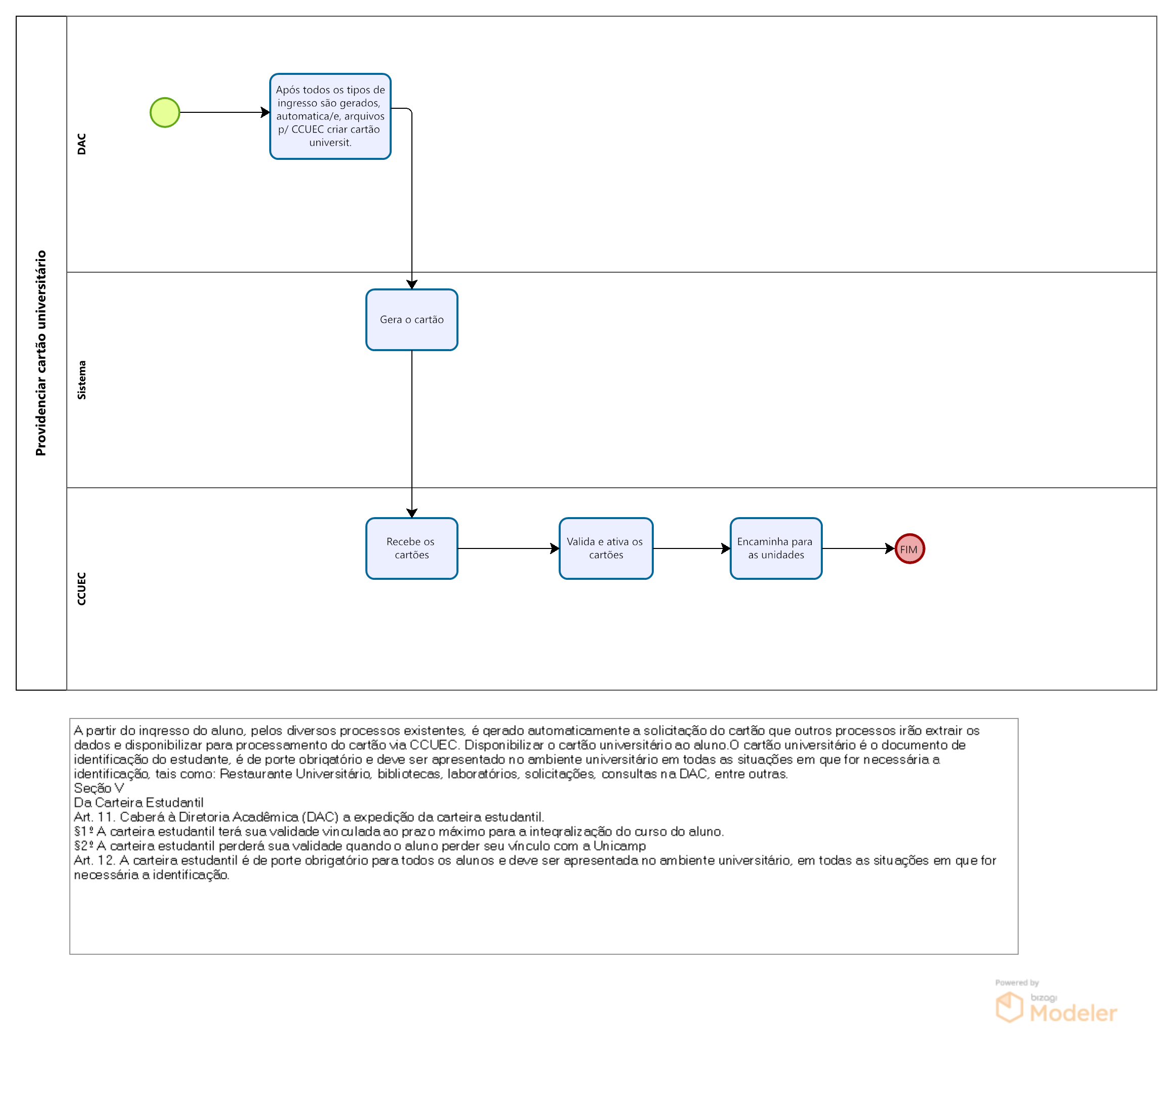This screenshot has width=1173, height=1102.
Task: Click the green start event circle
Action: (x=164, y=112)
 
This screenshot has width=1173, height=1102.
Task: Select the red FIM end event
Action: (x=909, y=548)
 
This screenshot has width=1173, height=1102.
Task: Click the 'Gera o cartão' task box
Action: (x=412, y=320)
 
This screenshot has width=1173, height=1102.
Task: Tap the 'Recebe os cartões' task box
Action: (x=412, y=548)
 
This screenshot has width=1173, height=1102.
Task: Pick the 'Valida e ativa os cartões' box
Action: (x=606, y=548)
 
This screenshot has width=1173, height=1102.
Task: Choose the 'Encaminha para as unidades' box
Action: (x=776, y=548)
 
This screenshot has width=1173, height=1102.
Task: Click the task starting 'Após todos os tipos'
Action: (x=330, y=116)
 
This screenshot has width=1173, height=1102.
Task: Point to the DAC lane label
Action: (x=81, y=144)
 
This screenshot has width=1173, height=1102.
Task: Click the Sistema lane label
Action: (x=81, y=380)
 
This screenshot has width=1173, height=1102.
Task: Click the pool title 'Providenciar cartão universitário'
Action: (x=40, y=353)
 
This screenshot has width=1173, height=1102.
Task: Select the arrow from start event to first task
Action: (x=225, y=112)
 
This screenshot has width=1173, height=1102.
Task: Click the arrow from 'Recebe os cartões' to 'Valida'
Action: (x=509, y=548)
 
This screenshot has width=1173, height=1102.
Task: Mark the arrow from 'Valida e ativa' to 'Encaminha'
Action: (x=692, y=548)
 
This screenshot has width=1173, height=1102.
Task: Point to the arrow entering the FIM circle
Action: (x=859, y=548)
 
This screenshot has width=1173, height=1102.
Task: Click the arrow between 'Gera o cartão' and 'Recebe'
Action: (x=412, y=434)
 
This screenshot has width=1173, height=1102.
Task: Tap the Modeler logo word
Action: (x=1073, y=1013)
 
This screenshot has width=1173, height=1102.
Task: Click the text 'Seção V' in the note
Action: (x=99, y=788)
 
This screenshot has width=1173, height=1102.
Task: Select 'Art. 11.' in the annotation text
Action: (x=95, y=817)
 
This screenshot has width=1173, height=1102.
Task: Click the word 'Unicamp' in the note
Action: (x=619, y=846)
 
